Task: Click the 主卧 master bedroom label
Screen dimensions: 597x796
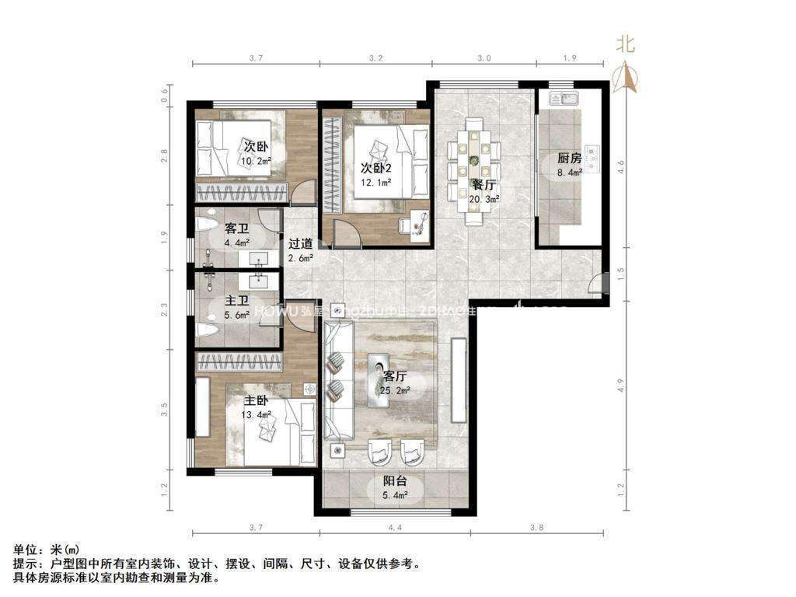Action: pos(257,401)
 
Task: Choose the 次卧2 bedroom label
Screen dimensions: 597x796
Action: pos(375,169)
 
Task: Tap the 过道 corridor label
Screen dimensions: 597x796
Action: pos(300,243)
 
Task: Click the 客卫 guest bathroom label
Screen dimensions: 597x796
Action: pos(236,229)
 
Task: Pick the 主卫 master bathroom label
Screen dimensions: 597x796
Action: pos(236,301)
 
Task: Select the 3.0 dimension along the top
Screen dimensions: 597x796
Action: pos(484,58)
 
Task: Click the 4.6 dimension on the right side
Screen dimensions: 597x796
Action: pos(620,165)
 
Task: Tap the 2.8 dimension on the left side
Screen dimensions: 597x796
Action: pos(165,155)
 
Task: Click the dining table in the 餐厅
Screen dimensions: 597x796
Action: pos(473,165)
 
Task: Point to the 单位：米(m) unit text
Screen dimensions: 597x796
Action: pos(47,550)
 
